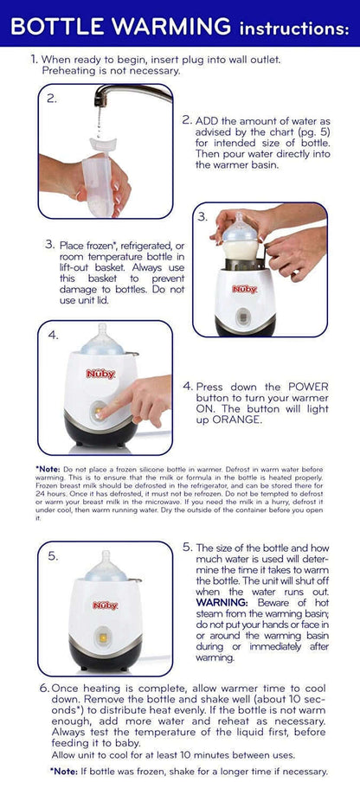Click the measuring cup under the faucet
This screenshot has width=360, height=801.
(101, 176)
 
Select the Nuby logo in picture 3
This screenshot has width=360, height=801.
(244, 289)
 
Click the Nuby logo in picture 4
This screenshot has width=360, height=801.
(100, 374)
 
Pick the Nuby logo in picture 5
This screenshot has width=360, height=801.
(105, 606)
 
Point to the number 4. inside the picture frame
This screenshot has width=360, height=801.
(53, 335)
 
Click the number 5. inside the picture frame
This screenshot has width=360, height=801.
(53, 556)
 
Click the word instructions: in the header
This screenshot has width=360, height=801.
(294, 29)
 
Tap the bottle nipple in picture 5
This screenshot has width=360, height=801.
(106, 559)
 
